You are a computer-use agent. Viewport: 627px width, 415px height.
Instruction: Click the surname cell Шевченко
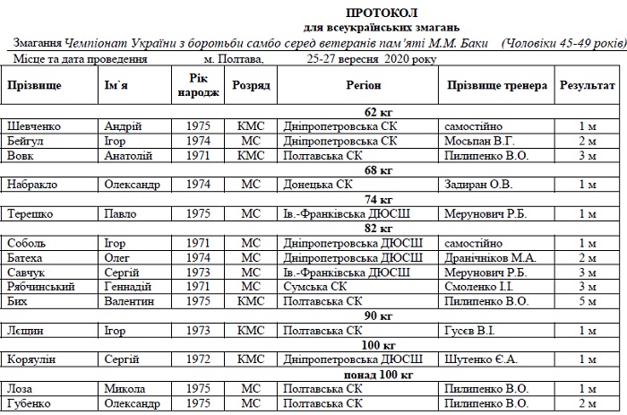(x=34, y=126)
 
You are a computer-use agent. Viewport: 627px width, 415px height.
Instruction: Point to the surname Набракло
(x=32, y=185)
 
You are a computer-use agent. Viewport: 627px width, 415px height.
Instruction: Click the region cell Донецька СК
(x=317, y=185)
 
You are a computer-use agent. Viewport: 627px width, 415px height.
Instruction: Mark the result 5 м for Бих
(x=587, y=300)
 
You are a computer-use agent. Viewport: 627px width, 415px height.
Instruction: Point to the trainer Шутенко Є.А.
(x=480, y=359)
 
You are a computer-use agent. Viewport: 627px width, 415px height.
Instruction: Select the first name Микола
(x=124, y=388)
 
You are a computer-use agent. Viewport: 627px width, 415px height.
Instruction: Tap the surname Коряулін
(x=33, y=359)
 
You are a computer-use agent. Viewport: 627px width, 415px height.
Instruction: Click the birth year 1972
(x=198, y=359)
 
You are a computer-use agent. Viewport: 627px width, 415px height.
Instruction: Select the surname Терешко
(x=30, y=213)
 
